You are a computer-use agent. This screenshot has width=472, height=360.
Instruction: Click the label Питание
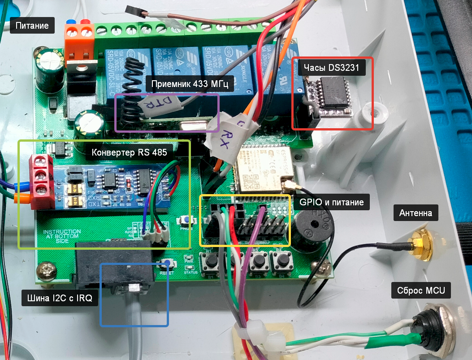[32, 25]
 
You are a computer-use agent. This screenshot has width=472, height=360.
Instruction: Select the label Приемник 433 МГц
[190, 84]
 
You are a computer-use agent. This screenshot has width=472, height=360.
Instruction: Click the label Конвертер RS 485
[129, 152]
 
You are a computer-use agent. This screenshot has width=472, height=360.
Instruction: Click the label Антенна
[416, 213]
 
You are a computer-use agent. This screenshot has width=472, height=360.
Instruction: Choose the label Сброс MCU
[420, 291]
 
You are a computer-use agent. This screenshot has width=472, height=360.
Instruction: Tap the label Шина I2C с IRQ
[60, 298]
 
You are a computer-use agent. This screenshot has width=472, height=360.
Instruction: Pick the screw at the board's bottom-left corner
[46, 271]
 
